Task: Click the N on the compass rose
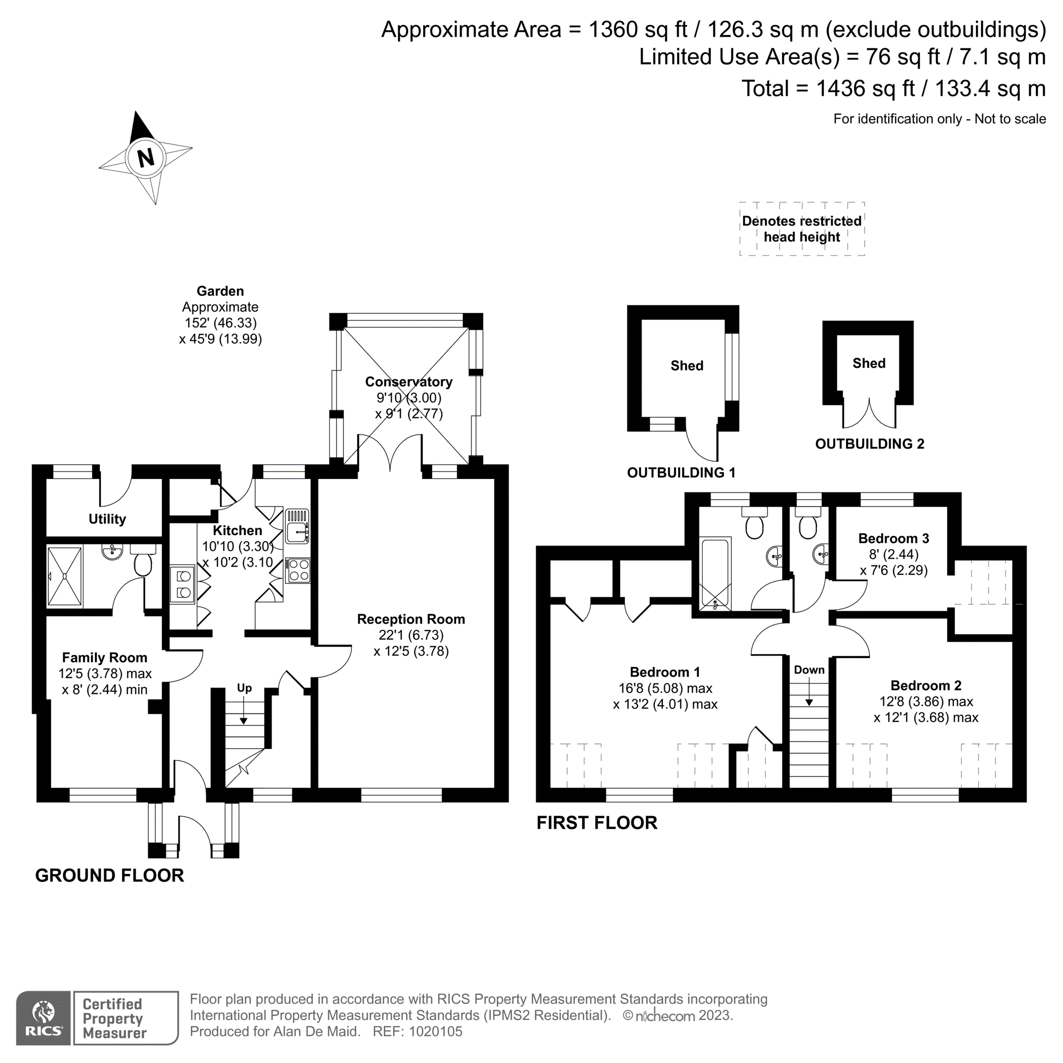tap(146, 158)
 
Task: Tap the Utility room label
tap(107, 519)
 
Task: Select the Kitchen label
tap(238, 530)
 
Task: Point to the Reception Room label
tap(411, 619)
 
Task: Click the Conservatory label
tap(409, 382)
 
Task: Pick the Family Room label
tap(105, 657)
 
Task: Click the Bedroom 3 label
tap(894, 538)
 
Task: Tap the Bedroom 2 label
tap(926, 686)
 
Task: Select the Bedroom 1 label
tap(665, 672)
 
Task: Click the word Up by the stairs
tap(244, 688)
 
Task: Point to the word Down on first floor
tap(809, 670)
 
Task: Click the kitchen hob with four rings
tap(298, 570)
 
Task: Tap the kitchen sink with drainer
tap(297, 527)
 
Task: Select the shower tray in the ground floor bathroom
tap(64, 576)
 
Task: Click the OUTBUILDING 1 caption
tap(681, 473)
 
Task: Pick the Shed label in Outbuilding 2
tap(870, 363)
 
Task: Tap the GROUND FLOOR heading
tap(109, 875)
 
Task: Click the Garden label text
tap(220, 291)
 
